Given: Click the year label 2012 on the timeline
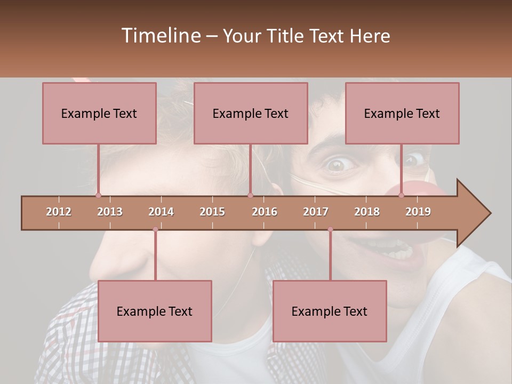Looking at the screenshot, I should click(x=59, y=212).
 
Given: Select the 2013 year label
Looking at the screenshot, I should click(x=110, y=212).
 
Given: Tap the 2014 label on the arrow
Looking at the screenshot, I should click(x=161, y=212).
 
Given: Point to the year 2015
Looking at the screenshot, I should click(x=212, y=212).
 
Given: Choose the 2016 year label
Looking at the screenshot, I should click(x=265, y=212).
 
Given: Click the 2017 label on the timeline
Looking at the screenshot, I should click(x=316, y=212).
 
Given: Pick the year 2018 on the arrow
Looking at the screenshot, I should click(x=367, y=212).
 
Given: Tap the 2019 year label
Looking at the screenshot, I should click(x=418, y=212).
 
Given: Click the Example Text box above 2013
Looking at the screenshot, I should click(x=99, y=113).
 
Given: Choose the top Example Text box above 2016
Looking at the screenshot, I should click(x=251, y=113).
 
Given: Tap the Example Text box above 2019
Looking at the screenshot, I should click(x=402, y=113).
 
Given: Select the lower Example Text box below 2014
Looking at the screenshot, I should click(x=155, y=311).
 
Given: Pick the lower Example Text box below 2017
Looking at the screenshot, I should click(x=330, y=311).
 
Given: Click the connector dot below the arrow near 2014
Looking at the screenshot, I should click(x=155, y=229).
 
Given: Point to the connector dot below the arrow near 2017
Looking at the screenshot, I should click(x=330, y=229).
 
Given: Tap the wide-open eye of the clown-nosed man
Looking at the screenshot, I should click(x=337, y=164).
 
